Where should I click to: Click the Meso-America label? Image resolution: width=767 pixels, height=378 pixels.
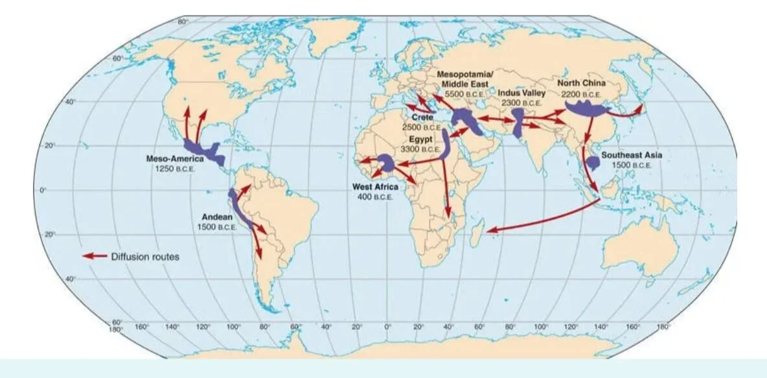[x=174, y=159]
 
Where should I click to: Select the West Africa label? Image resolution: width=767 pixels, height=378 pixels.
[x=375, y=187]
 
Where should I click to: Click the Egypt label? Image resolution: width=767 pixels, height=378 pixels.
[x=420, y=139]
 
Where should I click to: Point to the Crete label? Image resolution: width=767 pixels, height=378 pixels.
[x=421, y=117]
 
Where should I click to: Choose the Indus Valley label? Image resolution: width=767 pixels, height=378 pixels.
[x=521, y=93]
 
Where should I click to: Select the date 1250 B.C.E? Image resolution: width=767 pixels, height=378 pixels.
[x=174, y=169]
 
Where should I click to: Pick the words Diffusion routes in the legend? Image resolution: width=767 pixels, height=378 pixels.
[x=145, y=256]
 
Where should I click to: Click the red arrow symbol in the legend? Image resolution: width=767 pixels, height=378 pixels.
[x=94, y=256]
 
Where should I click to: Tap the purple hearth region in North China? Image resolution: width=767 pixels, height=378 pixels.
[x=587, y=107]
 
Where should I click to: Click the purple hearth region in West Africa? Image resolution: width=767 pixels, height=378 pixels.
[x=386, y=162]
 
